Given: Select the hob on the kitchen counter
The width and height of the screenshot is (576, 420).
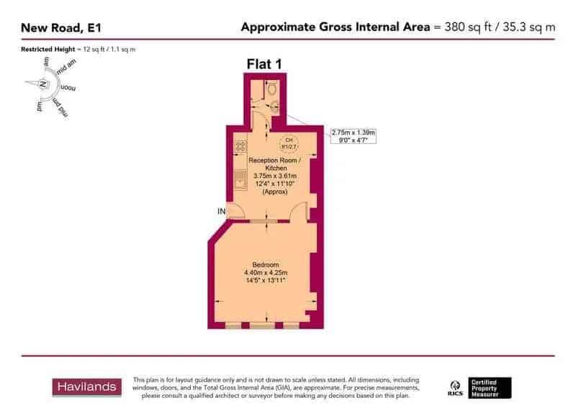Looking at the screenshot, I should coord(240,146).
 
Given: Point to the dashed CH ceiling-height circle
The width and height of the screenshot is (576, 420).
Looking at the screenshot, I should coord(289,143).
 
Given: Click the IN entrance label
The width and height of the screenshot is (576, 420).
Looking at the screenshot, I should coord(222,211).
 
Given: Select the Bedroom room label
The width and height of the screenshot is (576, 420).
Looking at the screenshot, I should coord(266,264).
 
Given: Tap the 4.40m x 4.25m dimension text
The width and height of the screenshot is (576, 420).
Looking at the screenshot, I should coord(266,272).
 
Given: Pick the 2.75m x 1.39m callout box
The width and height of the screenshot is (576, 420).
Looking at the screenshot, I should coord(354,135).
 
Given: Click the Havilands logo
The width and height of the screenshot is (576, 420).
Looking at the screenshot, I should coord(85,388).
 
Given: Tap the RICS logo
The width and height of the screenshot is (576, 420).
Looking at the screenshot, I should coord(455,387).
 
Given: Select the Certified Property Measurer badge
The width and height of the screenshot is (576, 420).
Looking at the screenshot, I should coord(490,388).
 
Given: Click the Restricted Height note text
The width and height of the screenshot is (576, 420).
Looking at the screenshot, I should coord(78,49).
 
